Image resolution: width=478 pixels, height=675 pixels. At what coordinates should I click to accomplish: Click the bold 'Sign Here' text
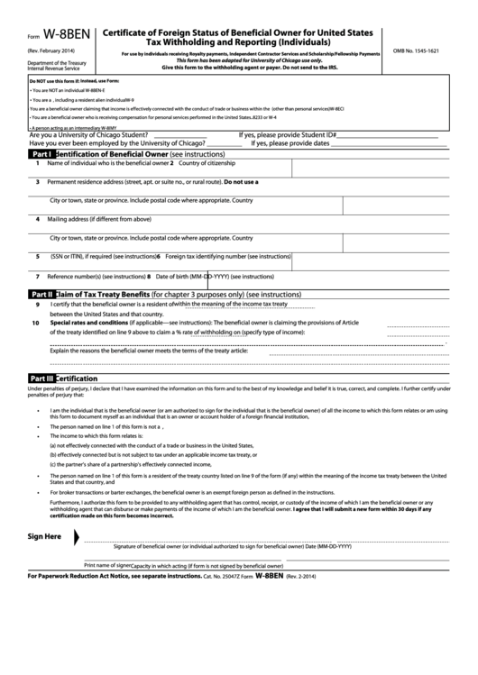click(45, 536)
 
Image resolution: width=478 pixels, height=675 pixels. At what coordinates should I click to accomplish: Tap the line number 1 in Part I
click(37, 163)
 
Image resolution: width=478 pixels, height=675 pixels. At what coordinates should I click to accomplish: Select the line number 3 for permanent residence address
click(37, 182)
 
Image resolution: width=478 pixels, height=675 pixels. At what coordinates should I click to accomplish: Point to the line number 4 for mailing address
click(37, 218)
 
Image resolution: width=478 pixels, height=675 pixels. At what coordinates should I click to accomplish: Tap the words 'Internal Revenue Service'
click(54, 68)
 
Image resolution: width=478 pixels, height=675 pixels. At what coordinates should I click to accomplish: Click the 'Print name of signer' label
click(107, 563)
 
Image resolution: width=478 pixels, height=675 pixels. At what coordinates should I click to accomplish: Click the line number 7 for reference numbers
click(37, 276)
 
